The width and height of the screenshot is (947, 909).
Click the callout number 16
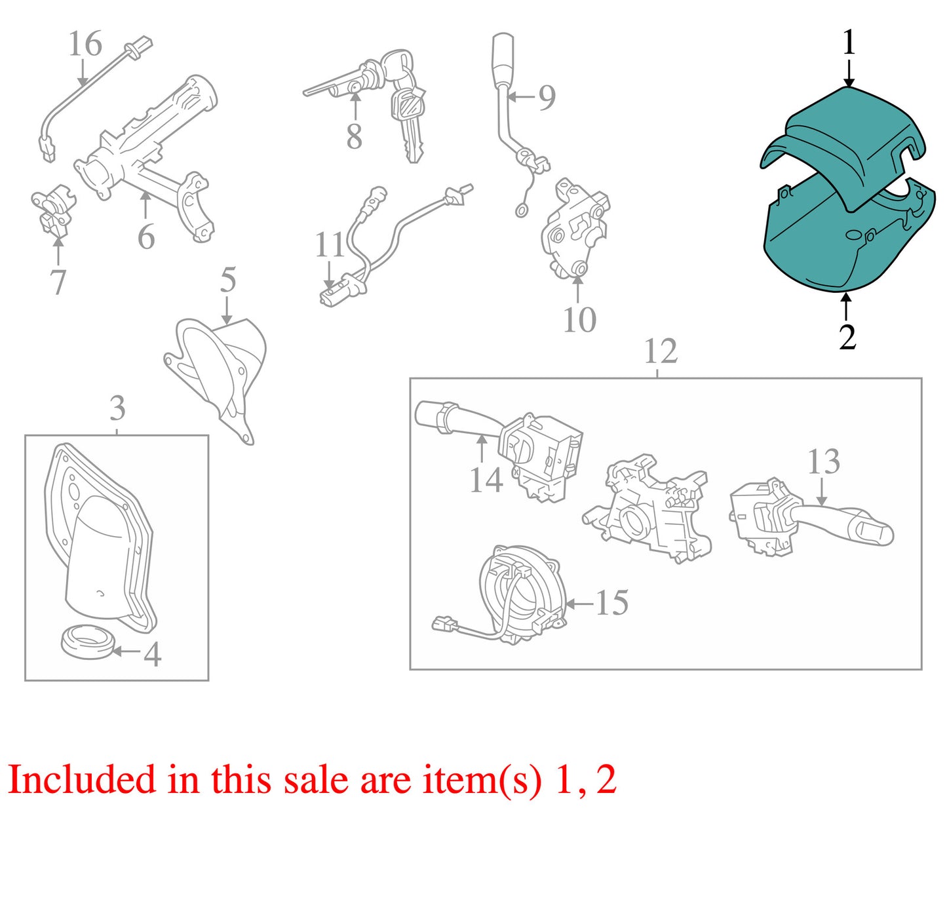(x=86, y=44)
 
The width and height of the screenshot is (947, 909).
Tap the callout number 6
(x=146, y=237)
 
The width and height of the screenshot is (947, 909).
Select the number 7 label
(x=58, y=282)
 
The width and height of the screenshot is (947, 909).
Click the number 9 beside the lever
(x=547, y=98)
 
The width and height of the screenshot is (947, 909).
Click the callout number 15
(x=611, y=602)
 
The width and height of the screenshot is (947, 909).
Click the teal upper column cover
(x=844, y=146)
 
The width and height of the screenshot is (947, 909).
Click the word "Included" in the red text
(x=82, y=779)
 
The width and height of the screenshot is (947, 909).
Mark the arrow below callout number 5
(x=226, y=309)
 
